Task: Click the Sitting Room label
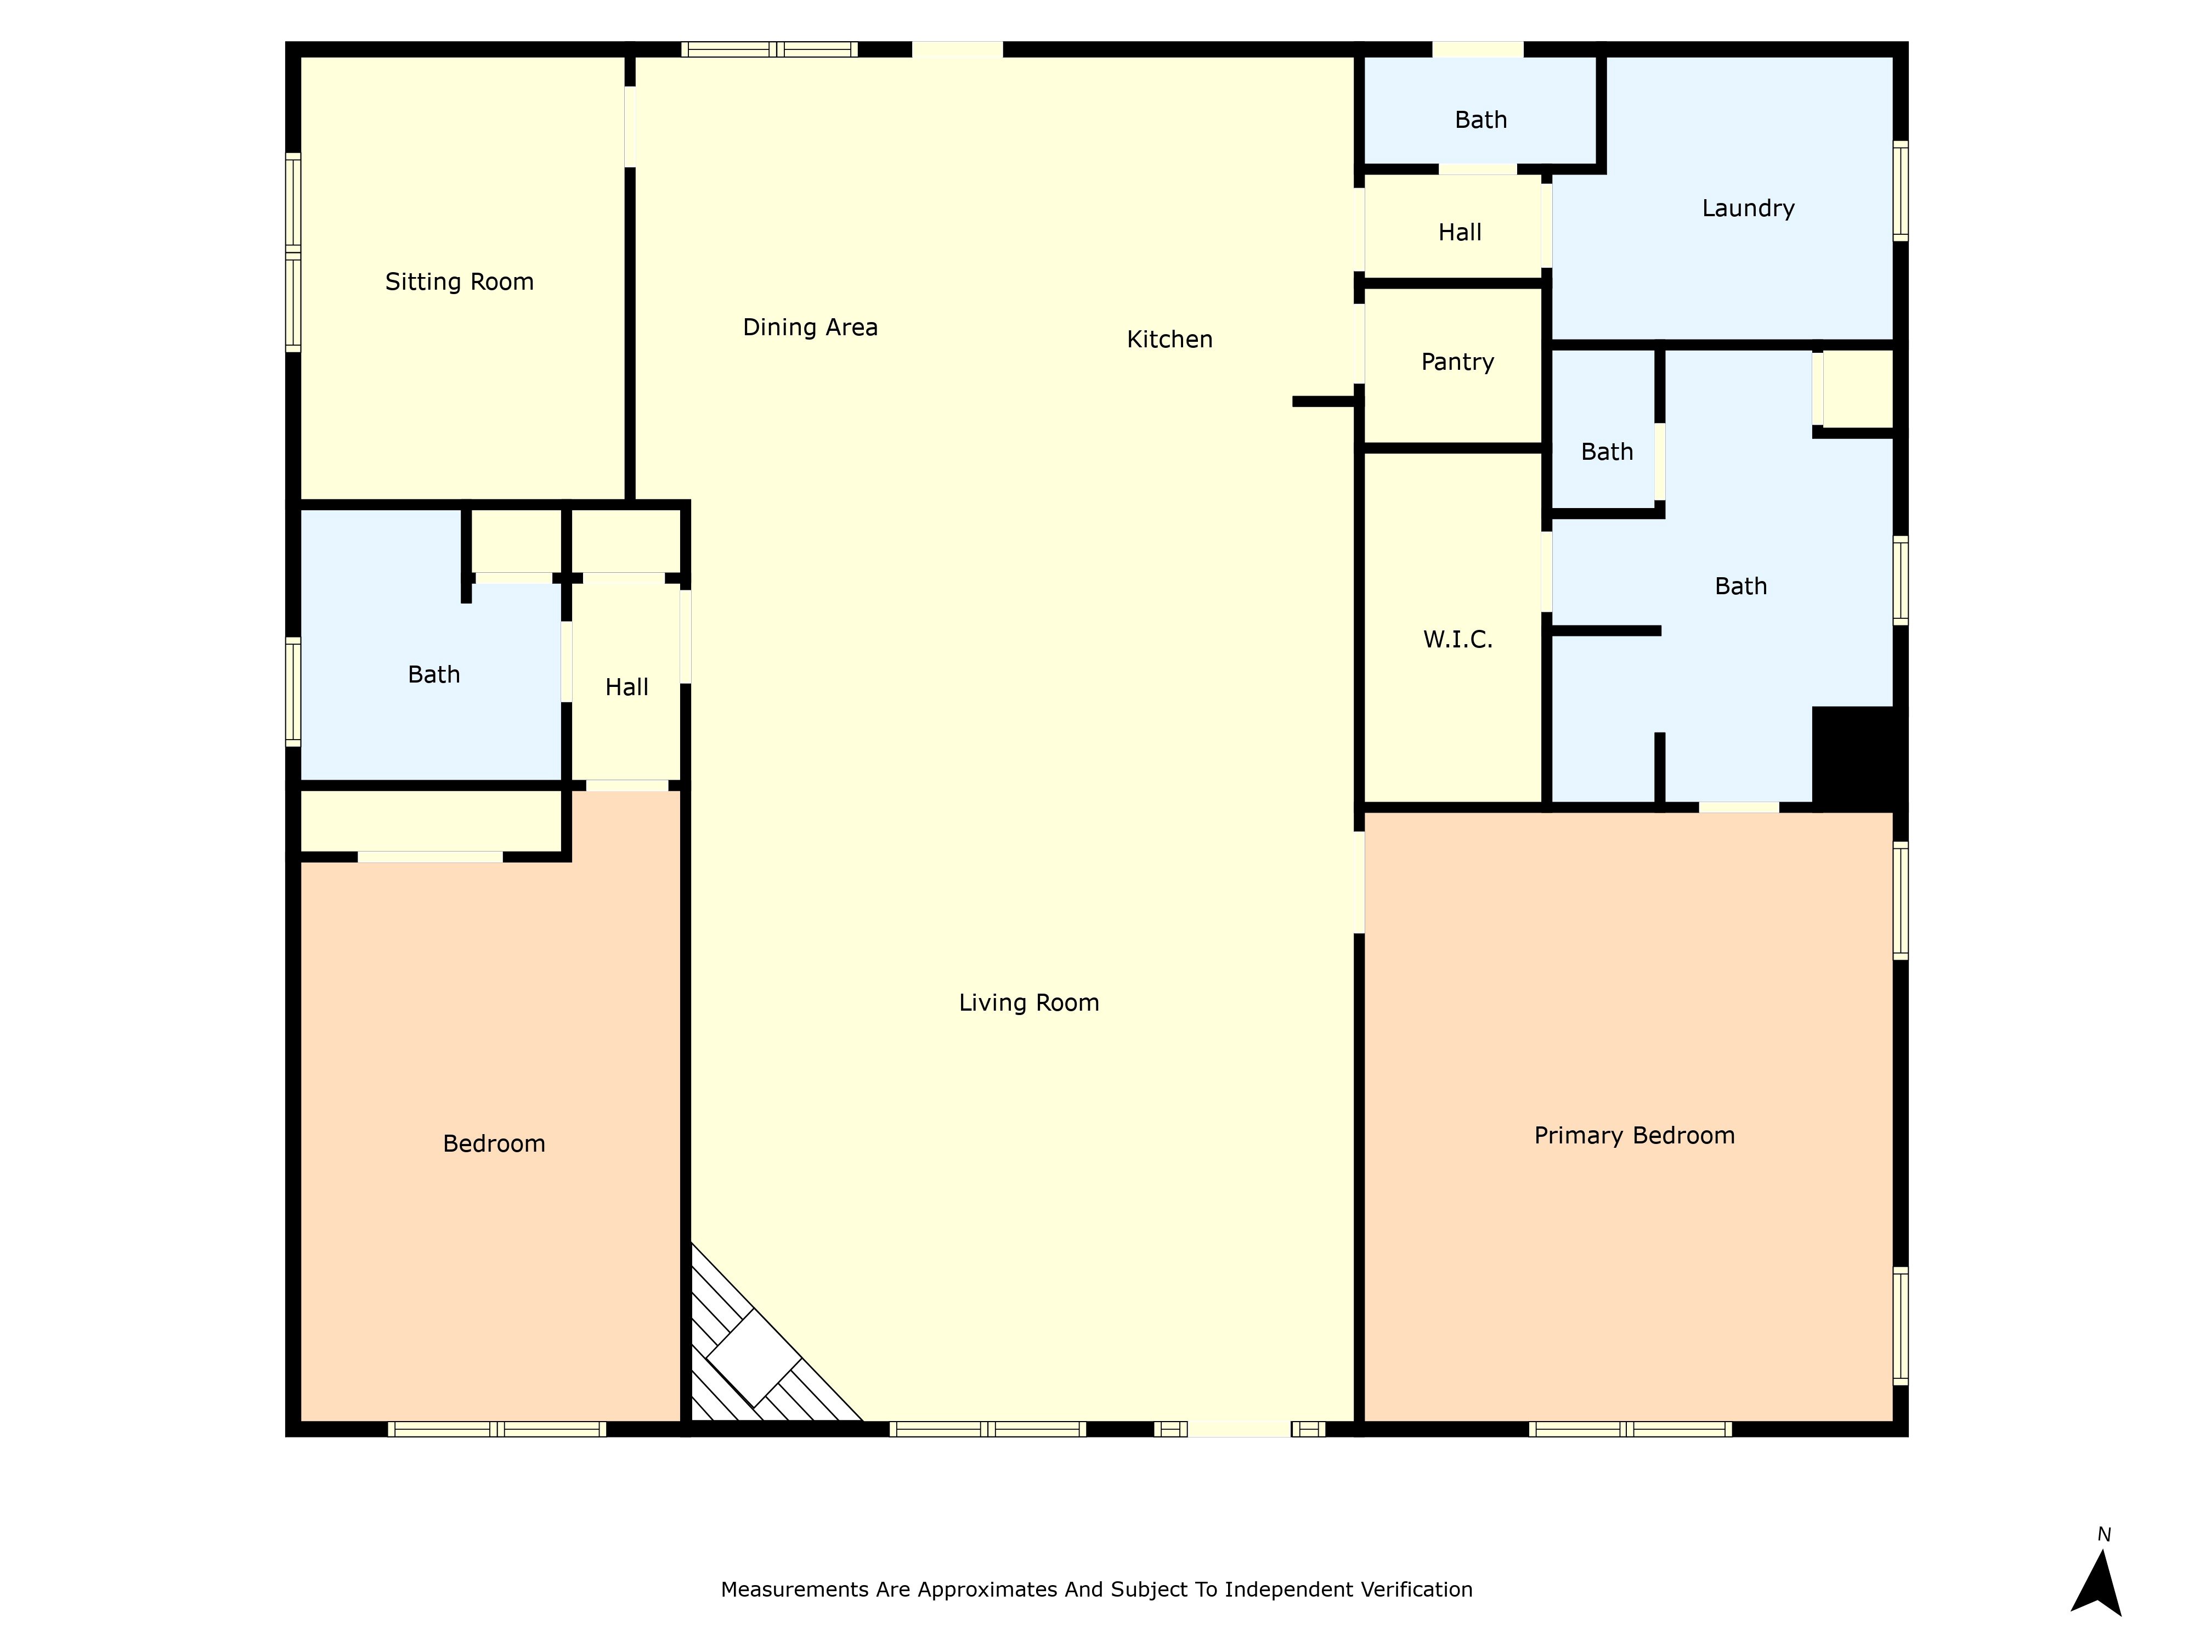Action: (x=459, y=282)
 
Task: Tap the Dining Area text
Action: (x=810, y=328)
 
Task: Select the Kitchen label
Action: (x=1169, y=339)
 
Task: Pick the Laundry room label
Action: (x=1748, y=208)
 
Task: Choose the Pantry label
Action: (x=1457, y=362)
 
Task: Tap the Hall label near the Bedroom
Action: (x=627, y=686)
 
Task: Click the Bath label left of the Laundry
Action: (x=1481, y=120)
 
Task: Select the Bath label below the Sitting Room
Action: (x=433, y=675)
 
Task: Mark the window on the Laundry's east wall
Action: (x=1901, y=190)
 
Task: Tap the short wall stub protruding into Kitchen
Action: (x=1323, y=402)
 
